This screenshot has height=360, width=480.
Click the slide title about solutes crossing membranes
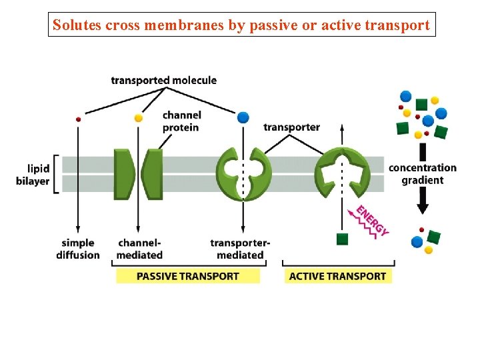point(241,25)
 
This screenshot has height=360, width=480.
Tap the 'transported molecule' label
point(163,81)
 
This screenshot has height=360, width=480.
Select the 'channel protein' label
point(181,121)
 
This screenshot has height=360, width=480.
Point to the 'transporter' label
point(291,127)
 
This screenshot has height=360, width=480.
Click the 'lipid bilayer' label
point(33,175)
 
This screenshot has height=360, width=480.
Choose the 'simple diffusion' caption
point(79,249)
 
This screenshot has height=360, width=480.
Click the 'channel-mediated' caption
point(139,249)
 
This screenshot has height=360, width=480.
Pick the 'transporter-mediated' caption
point(240,249)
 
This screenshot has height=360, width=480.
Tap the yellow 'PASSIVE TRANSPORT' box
point(188,276)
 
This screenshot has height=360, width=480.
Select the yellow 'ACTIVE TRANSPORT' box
point(337,276)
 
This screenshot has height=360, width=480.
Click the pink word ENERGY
point(372,221)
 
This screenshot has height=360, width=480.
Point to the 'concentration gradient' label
point(423,174)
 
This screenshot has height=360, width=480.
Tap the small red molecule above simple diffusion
point(79,119)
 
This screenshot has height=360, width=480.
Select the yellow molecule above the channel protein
point(139,118)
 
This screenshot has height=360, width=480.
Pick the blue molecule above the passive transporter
point(243,117)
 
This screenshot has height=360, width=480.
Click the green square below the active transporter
point(343,239)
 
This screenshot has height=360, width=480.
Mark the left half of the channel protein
point(124,174)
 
